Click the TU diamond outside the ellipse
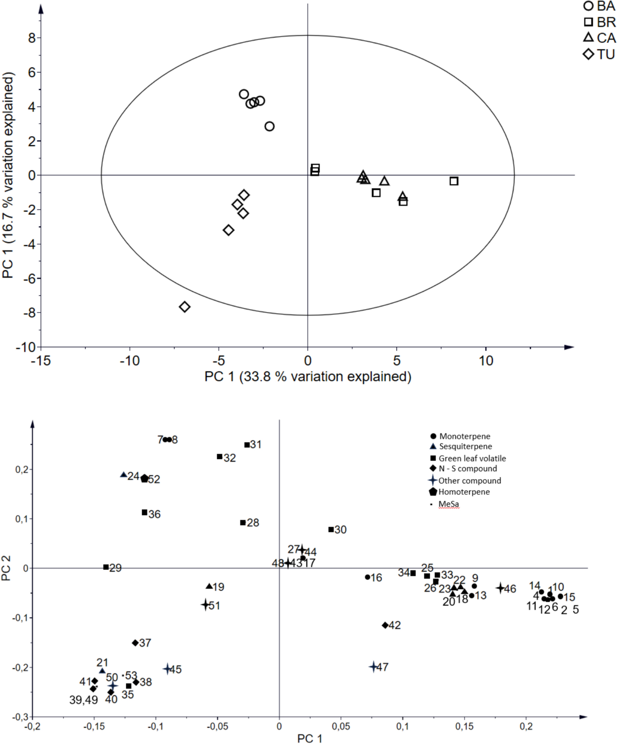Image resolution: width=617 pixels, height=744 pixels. [184, 307]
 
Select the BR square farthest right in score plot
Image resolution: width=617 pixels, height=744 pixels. [454, 181]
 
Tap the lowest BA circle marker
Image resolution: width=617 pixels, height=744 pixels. [269, 126]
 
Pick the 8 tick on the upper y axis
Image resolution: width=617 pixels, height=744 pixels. [32, 38]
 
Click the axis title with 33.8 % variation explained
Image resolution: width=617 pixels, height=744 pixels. [308, 377]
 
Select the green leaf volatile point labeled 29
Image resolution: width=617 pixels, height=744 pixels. [106, 567]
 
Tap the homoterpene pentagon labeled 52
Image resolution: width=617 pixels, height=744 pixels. [145, 479]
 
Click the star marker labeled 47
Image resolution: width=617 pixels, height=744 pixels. [373, 667]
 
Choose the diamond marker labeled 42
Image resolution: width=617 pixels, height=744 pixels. [385, 625]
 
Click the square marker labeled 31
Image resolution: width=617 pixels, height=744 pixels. [247, 445]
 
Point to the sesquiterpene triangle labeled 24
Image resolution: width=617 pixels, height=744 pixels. [123, 475]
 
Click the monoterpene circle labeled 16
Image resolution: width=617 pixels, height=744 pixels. [367, 577]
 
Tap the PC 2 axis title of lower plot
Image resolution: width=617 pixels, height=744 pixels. [6, 568]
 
